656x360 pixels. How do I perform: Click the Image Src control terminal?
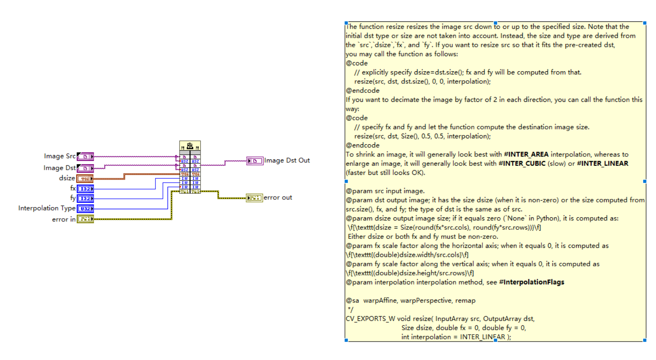pyautogui.click(x=85, y=156)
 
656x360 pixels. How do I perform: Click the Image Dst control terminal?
pyautogui.click(x=85, y=168)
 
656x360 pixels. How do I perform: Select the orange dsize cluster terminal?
pyautogui.click(x=85, y=178)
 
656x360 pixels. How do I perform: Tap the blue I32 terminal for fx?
pyautogui.click(x=85, y=189)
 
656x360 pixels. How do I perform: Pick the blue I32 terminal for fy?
pyautogui.click(x=85, y=198)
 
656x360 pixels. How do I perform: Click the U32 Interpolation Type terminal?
pyautogui.click(x=85, y=208)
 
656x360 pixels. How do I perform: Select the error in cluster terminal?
pyautogui.click(x=85, y=219)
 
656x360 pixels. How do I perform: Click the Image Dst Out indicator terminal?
pyautogui.click(x=255, y=161)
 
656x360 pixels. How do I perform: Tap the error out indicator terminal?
pyautogui.click(x=254, y=198)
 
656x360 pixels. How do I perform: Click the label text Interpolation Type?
pyautogui.click(x=47, y=208)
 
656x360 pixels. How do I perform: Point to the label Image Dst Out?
pyautogui.click(x=287, y=160)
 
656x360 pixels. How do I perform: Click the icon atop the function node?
pyautogui.click(x=190, y=146)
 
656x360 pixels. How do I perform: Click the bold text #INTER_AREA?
pyautogui.click(x=526, y=154)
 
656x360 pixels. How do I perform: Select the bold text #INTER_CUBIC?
pyautogui.click(x=522, y=163)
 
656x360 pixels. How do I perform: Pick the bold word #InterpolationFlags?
pyautogui.click(x=531, y=282)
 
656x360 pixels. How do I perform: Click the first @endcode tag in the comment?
pyautogui.click(x=363, y=91)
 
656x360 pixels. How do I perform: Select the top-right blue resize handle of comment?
pyautogui.click(x=644, y=23)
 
